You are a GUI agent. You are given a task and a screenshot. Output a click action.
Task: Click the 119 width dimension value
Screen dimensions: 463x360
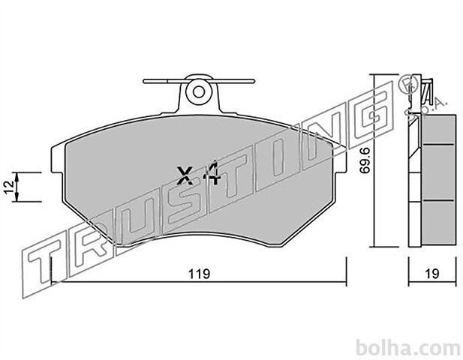coord(200,274)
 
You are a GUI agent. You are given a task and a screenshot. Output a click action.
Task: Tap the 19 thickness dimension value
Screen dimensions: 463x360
coord(432,274)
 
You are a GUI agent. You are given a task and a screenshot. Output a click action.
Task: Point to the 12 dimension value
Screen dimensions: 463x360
coord(9,187)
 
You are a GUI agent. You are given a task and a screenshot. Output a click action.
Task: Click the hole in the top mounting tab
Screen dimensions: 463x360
coord(199,91)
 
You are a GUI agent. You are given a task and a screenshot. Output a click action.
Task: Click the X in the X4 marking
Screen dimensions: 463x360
coord(185,175)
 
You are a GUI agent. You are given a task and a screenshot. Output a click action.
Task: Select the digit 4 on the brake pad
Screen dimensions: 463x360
coord(212,173)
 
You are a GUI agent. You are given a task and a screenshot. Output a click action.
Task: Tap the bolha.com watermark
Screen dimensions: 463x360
coord(408,348)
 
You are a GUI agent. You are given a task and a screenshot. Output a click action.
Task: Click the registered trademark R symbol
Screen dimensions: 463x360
coord(407,85)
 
